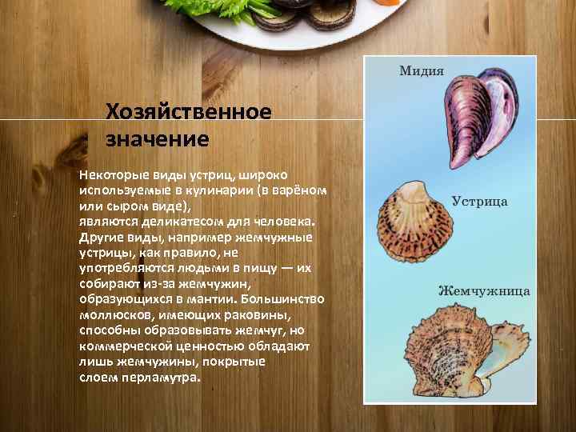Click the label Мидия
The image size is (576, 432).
422,70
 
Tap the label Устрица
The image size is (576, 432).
479,201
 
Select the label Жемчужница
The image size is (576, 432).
483,290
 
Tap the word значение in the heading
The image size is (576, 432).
157,139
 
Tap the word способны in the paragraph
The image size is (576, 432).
109,330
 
